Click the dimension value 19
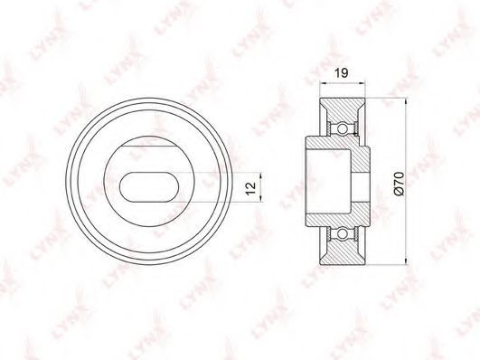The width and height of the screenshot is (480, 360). (341, 73)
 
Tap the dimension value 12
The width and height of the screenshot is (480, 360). (250, 188)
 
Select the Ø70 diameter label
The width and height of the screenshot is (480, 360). (400, 184)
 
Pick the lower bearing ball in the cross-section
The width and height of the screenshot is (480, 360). (343, 234)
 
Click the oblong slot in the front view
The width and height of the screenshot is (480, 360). (149, 187)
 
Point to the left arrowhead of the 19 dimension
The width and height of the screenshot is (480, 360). (323, 82)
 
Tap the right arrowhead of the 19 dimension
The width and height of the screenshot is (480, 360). (362, 82)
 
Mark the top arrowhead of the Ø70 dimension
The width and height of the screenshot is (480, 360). (406, 102)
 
